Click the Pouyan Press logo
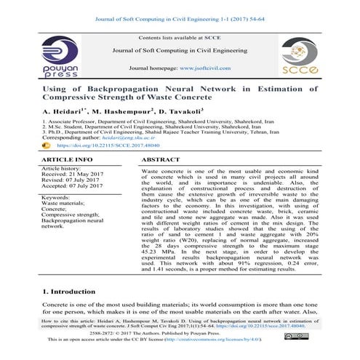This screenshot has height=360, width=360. [64, 57]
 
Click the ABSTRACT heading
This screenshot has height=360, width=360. [161, 158]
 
